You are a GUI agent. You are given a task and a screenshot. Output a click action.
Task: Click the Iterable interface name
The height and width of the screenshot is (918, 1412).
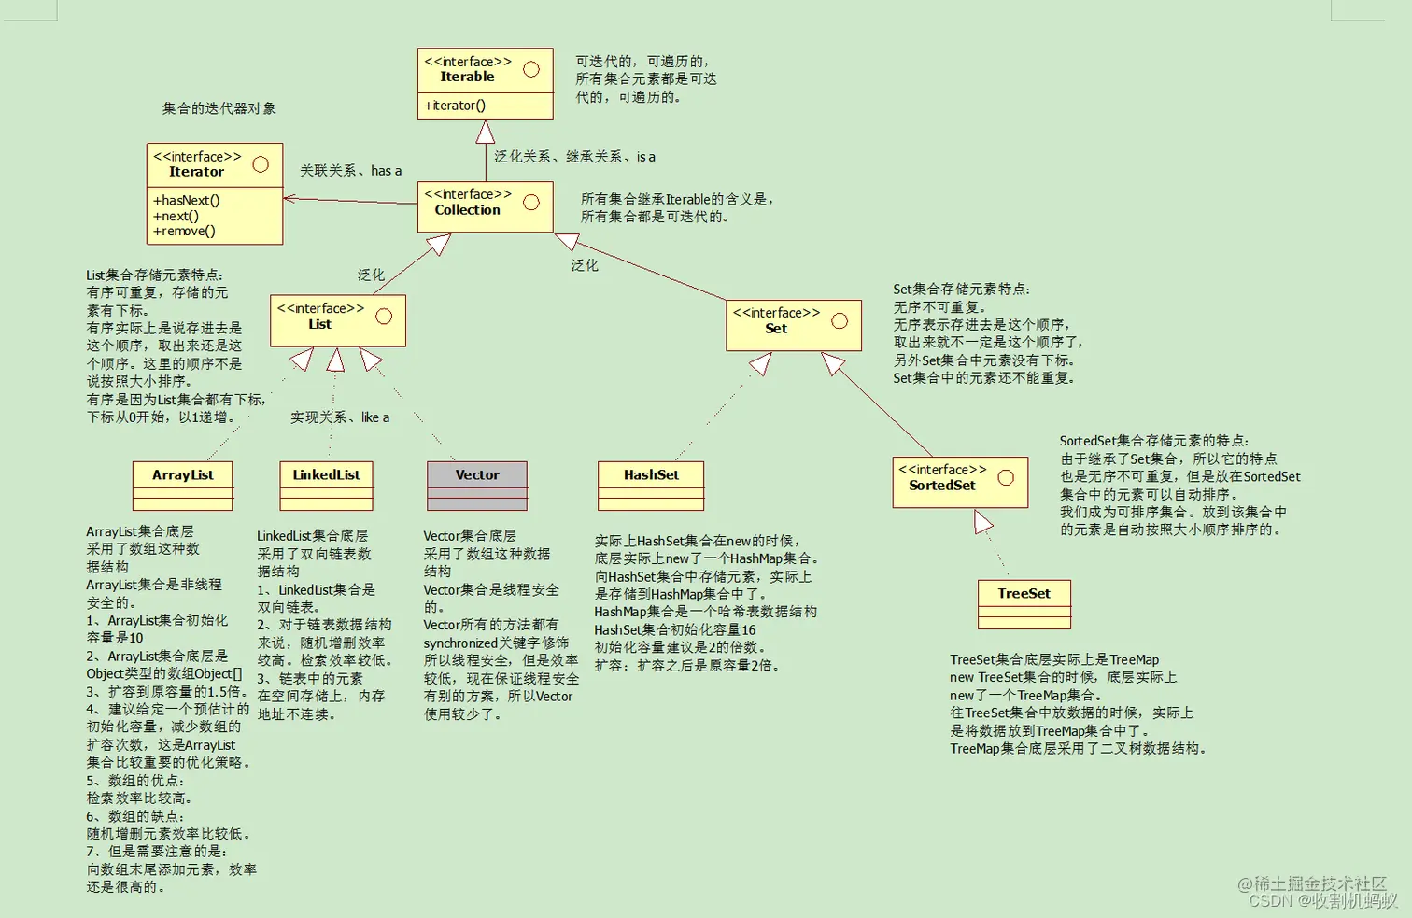coord(467,78)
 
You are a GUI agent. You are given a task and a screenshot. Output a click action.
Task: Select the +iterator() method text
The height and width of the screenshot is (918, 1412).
coord(455,106)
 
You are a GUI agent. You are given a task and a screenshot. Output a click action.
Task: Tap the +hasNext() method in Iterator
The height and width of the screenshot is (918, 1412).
coord(187,201)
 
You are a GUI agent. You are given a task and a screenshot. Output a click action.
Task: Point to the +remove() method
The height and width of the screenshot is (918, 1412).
coord(184,232)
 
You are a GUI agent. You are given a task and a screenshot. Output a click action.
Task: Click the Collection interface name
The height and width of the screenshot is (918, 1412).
coord(467,210)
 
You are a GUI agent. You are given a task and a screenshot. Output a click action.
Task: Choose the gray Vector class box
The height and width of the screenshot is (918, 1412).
coord(477,485)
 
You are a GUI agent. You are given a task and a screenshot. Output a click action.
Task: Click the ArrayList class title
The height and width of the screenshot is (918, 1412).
coord(183,475)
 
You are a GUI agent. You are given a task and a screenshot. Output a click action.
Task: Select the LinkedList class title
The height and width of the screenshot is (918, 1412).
coord(326,475)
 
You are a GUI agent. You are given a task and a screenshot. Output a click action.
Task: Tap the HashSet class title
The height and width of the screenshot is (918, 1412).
coord(651,475)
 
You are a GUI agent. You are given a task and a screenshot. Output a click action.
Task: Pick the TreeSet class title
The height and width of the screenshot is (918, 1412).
coord(1024,594)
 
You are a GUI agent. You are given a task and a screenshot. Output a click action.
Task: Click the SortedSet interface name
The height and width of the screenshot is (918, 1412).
coord(941,486)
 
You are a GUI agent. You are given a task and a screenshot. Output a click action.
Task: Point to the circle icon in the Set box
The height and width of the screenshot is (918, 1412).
coord(840,321)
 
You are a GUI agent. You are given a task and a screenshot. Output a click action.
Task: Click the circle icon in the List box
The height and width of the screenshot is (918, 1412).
coord(384,317)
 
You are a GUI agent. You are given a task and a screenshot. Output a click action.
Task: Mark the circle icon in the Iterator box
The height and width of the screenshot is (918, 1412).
coord(261,164)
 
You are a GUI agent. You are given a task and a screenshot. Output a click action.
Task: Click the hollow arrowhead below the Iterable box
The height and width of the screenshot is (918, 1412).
coord(486,133)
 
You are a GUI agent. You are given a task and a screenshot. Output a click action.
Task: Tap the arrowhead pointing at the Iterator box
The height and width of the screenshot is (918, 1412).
coord(290,198)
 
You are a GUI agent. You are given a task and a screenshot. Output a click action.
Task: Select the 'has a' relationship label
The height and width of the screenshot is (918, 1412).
coord(386,171)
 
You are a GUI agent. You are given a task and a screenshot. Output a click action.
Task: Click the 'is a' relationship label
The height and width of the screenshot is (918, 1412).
coord(646,157)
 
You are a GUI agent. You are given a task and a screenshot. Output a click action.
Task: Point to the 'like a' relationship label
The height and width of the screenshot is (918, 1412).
coord(375,417)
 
